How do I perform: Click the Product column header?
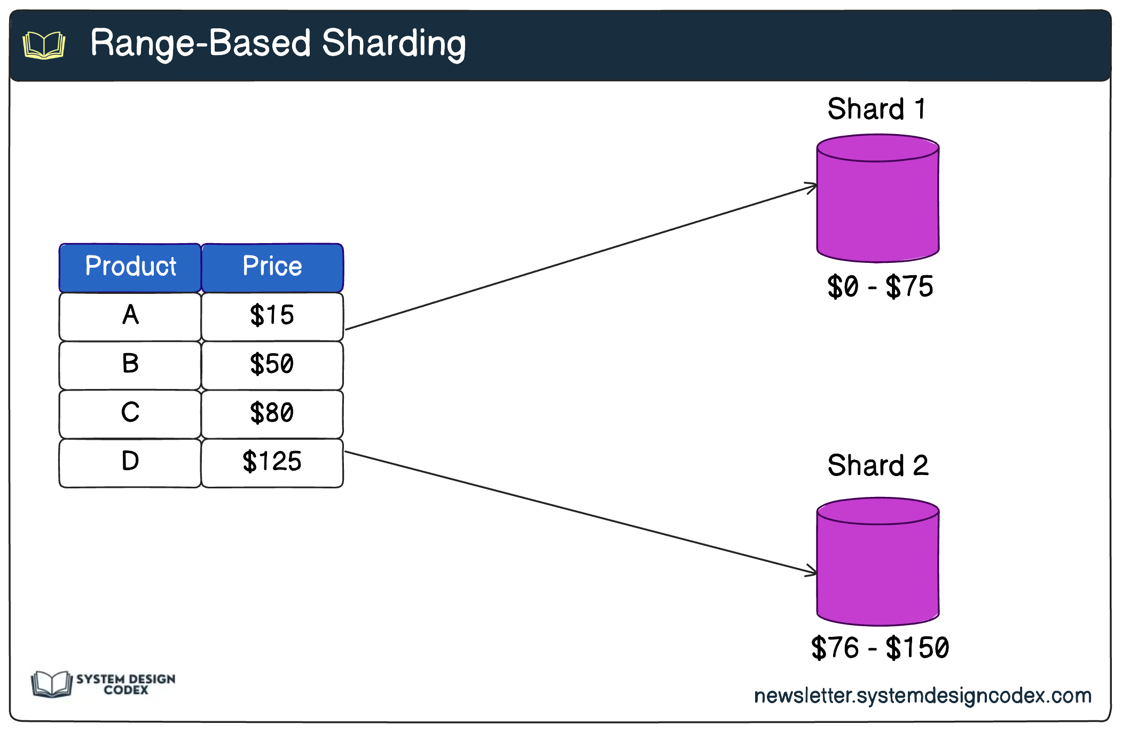coord(130,267)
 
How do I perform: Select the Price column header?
coord(272,267)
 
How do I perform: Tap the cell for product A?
coord(130,316)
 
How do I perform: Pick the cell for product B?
coord(130,365)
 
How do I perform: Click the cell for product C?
coord(130,414)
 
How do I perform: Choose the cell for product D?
coord(130,462)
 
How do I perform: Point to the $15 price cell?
coord(272,316)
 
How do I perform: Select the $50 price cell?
coord(272,365)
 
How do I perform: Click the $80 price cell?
coord(272,414)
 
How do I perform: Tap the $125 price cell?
coord(272,462)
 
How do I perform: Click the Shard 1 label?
coord(876,109)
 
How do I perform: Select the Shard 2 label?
coord(878,465)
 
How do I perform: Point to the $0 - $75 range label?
coord(880,287)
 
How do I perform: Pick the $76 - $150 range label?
coord(880,648)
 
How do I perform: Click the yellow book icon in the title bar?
coord(44,45)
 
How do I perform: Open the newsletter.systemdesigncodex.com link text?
coord(922,696)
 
